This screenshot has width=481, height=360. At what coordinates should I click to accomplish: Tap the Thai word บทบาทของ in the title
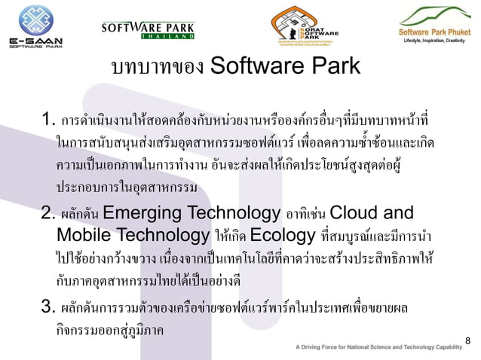(x=157, y=67)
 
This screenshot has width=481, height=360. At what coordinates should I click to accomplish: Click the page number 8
(x=467, y=341)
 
